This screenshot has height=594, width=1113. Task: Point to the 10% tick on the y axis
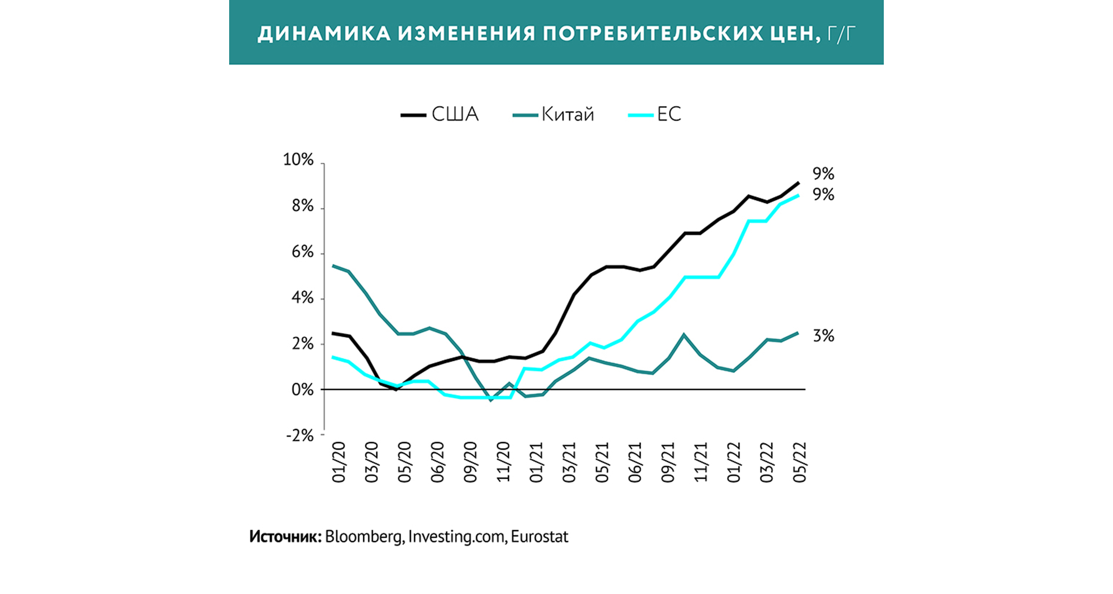click(x=299, y=160)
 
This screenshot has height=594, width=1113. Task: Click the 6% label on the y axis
click(x=302, y=252)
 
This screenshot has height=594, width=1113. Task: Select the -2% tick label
click(x=300, y=435)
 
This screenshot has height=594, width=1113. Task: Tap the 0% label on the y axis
click(x=302, y=390)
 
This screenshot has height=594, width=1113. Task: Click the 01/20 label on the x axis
click(x=339, y=462)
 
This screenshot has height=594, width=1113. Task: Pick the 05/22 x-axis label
click(x=800, y=462)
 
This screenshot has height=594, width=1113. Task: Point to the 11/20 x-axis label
click(x=504, y=462)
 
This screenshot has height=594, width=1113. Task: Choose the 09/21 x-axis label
click(x=668, y=462)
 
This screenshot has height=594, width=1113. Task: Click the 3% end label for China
click(x=823, y=336)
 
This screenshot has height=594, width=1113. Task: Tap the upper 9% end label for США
click(x=823, y=174)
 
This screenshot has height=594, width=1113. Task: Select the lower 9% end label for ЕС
click(x=823, y=195)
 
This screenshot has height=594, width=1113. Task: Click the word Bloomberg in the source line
click(x=363, y=537)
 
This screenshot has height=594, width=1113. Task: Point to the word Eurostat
click(x=539, y=537)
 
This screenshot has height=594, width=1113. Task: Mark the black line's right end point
click(x=798, y=183)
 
